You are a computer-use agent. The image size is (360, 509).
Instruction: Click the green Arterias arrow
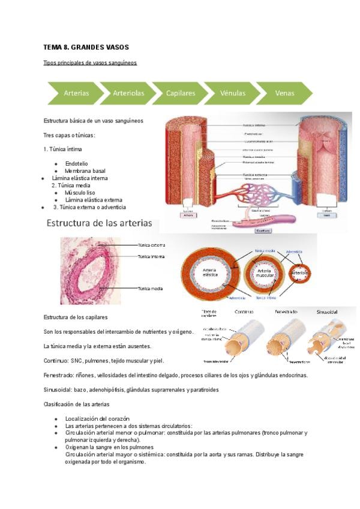click(76, 93)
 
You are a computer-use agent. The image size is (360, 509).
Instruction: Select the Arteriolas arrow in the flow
click(128, 93)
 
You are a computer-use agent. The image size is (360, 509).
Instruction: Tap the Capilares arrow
click(181, 93)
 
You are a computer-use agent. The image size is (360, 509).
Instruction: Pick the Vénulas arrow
click(233, 93)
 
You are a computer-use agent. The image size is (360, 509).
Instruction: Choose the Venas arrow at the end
click(284, 93)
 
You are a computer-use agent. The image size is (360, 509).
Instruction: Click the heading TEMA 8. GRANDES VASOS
click(86, 47)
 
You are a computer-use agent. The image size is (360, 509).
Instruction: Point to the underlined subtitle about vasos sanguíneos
click(91, 62)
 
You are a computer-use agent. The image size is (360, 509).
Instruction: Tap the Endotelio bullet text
click(76, 163)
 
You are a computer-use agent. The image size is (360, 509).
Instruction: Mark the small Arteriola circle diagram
click(299, 274)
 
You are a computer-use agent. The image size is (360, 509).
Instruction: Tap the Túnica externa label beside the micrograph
click(151, 245)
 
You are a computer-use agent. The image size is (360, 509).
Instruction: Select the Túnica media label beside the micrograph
click(151, 289)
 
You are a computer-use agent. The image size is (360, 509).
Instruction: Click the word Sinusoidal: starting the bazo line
click(58, 389)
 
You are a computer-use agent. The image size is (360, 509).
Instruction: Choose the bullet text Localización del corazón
click(97, 418)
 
